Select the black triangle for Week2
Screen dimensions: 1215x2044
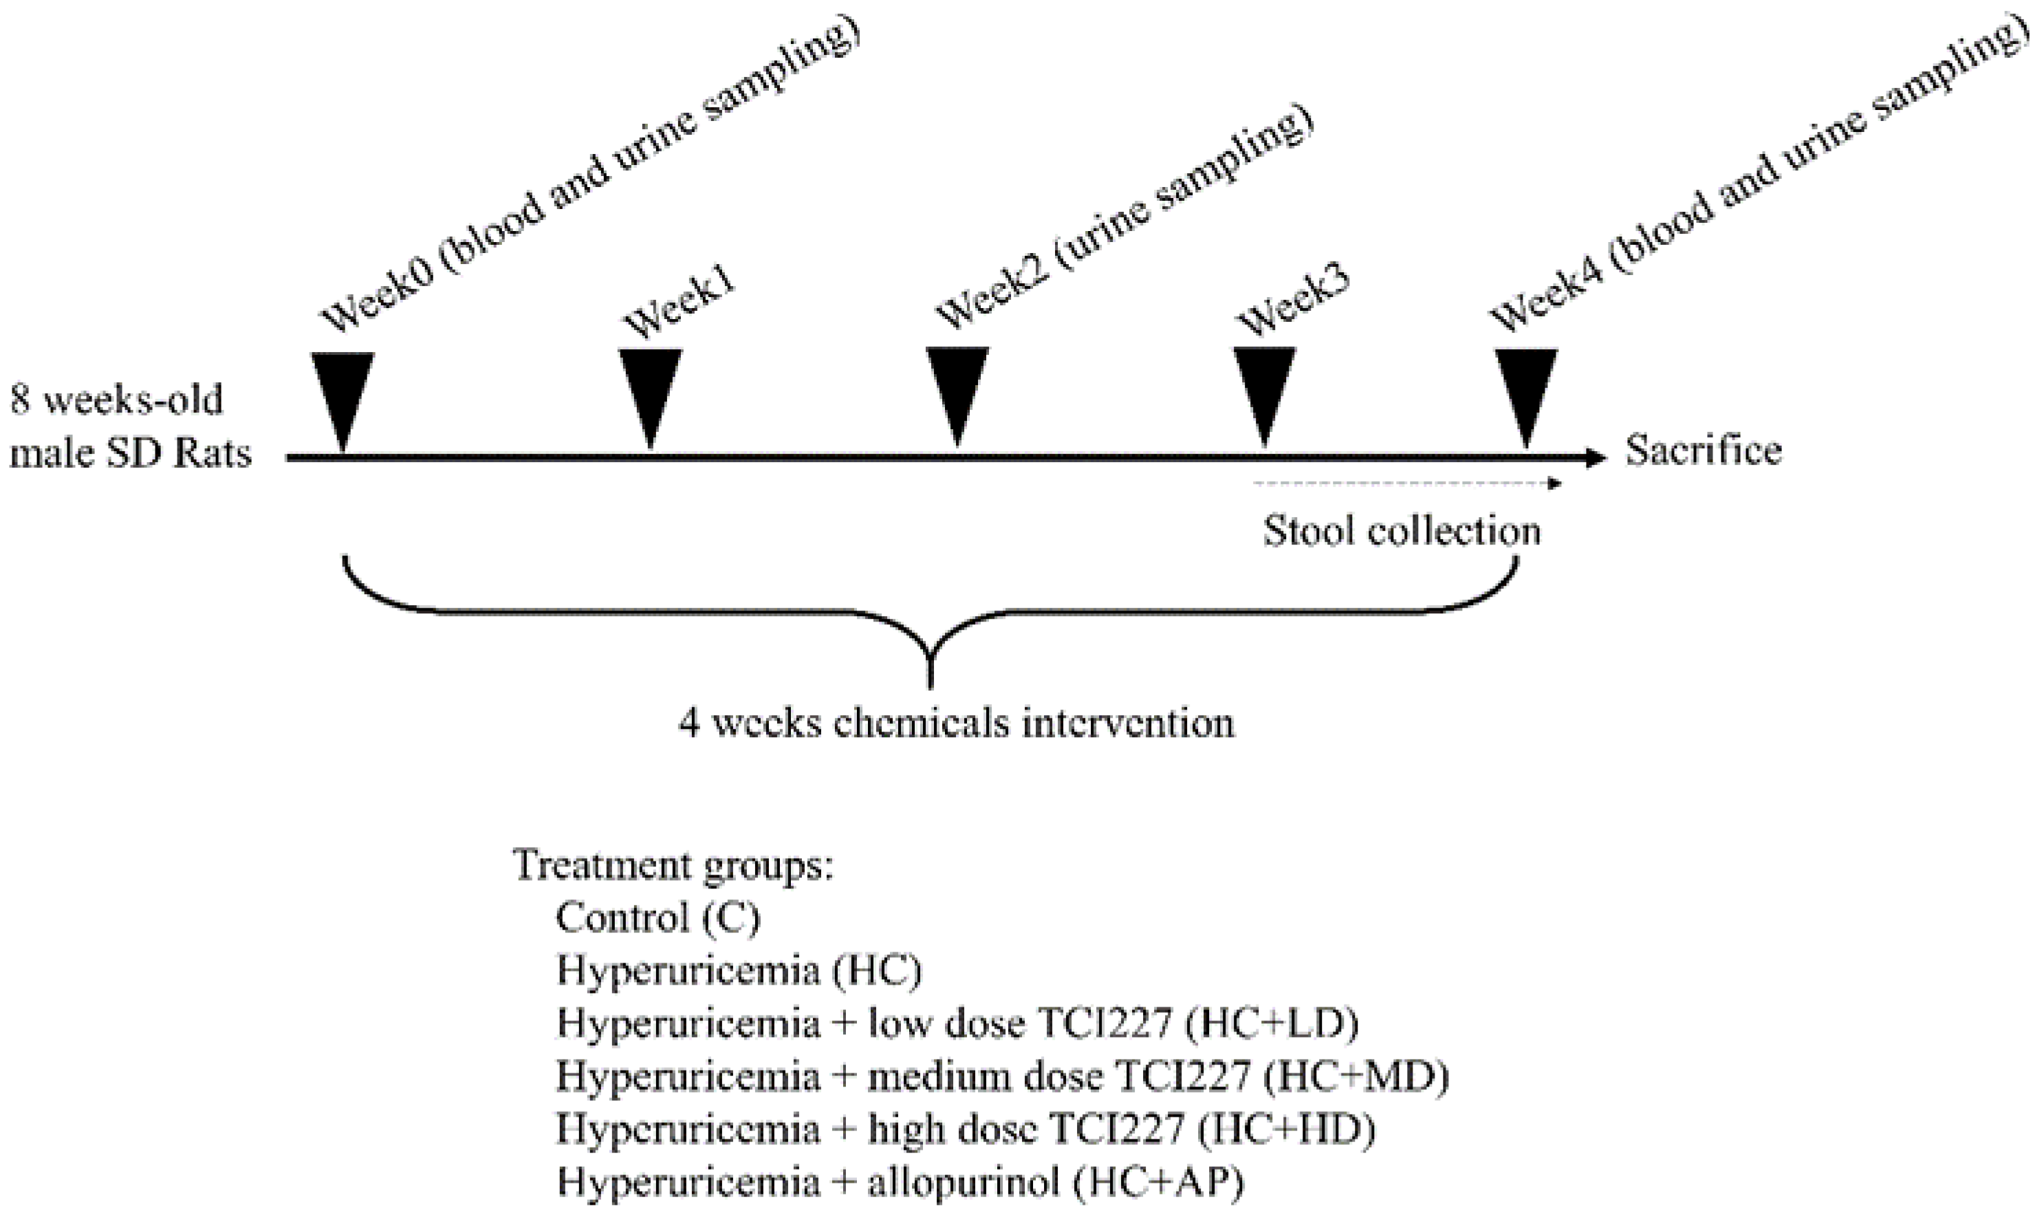click(x=957, y=387)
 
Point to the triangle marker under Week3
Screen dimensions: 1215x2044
click(x=1264, y=387)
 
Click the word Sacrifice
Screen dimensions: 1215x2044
click(x=1704, y=451)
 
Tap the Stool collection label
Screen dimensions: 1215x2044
click(x=1401, y=532)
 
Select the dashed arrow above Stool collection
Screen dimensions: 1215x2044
click(x=1404, y=484)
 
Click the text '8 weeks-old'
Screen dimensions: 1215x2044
click(x=116, y=401)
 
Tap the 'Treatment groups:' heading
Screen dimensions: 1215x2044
click(x=673, y=866)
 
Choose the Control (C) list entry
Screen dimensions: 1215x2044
click(x=657, y=918)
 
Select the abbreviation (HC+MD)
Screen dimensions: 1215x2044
click(x=1356, y=1077)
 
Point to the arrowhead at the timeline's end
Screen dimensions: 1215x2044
click(x=1597, y=458)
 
